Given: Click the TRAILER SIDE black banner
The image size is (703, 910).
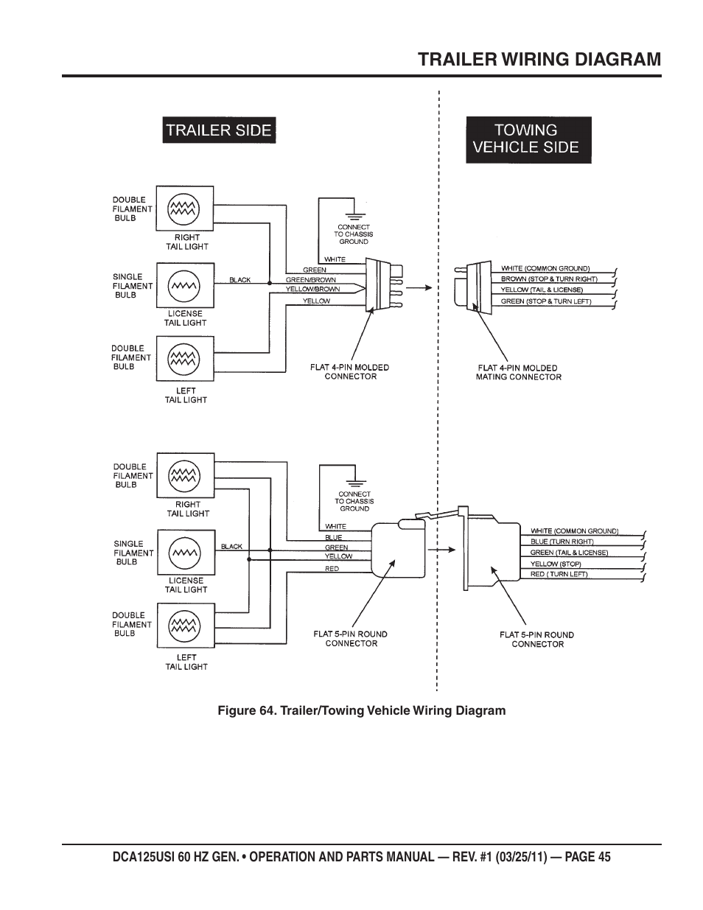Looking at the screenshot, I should (219, 130).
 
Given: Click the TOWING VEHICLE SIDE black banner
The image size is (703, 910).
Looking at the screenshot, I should (528, 139).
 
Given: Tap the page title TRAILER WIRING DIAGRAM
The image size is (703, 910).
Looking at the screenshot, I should (539, 59).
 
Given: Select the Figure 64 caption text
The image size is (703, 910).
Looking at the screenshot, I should (361, 710).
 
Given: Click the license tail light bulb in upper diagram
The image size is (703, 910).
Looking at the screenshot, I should (183, 285).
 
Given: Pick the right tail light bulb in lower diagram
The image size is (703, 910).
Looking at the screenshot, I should (184, 477).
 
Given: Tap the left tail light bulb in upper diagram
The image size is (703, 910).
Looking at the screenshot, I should (183, 359).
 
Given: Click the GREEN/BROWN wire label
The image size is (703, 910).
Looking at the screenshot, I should (310, 280).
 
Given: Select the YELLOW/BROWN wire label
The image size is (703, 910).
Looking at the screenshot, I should (312, 290).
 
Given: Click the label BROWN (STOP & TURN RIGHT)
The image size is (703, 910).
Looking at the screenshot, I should (549, 279).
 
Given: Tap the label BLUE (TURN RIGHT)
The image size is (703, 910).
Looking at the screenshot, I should (562, 542).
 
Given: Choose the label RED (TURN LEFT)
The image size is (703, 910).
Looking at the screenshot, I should (559, 574).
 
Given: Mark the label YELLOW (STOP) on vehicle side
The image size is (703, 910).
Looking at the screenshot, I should (556, 564).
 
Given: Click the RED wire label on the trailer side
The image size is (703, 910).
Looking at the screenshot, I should (332, 569).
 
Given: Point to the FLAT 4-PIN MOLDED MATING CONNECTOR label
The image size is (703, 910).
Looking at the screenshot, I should (518, 372).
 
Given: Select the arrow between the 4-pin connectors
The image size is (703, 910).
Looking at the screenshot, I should (418, 287).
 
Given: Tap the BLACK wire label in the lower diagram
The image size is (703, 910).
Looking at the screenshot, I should (231, 547).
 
